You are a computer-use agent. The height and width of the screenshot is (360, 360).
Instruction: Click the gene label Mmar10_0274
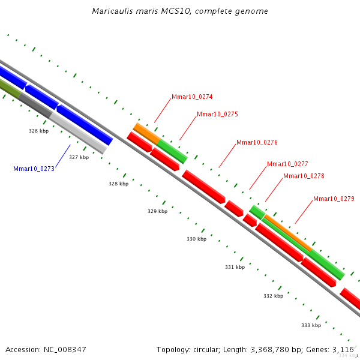pos(192,97)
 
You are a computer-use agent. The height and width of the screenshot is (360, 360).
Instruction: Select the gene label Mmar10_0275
pos(217,114)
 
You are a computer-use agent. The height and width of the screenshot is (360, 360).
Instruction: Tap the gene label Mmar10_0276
pos(257,143)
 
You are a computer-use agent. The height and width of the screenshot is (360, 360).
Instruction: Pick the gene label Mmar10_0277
pos(287,164)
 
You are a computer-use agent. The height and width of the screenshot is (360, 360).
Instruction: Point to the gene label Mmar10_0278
pos(304,176)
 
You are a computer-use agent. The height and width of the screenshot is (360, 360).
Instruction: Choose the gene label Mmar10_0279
pos(334,199)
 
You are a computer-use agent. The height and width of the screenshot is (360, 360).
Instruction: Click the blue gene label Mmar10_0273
pos(34,169)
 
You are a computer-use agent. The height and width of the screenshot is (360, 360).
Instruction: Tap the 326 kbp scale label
pos(38,130)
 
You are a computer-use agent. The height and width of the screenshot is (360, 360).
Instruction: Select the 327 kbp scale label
pos(79,157)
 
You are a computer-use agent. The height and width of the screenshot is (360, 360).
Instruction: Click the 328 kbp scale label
pos(118,184)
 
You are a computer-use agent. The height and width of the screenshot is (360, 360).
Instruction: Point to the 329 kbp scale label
pos(157,211)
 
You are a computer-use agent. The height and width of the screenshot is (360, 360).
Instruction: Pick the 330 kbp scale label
pos(196,239)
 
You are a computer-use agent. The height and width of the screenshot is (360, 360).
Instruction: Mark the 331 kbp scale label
pos(235,267)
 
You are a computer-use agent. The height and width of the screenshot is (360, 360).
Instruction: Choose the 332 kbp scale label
pos(273,296)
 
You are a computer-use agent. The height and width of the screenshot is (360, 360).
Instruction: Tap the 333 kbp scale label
pos(311,325)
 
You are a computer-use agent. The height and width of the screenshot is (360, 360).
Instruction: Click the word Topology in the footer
pos(173,349)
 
